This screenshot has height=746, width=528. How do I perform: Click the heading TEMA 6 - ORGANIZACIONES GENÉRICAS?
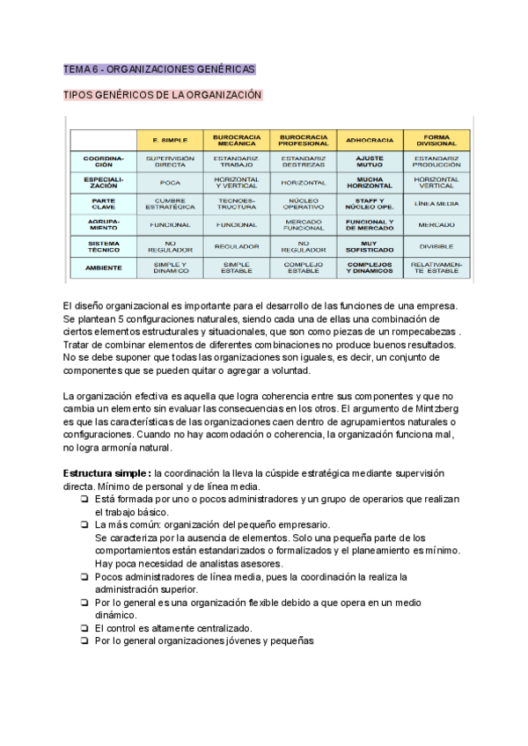159,69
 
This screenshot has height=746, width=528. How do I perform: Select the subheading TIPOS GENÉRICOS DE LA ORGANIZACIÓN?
163,94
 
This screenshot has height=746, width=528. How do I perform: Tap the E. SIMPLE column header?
170,140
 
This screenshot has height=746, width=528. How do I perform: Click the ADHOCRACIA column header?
370,140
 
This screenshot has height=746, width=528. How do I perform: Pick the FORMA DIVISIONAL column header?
437,140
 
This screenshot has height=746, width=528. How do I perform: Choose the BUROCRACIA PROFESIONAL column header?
304,140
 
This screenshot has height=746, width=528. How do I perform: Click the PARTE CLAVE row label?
104,203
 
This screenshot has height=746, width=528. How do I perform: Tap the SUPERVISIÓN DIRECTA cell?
170,161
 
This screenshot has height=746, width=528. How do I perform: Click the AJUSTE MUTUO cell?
370,161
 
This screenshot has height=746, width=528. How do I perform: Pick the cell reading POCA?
170,182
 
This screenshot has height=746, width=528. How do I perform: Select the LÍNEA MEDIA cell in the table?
437,203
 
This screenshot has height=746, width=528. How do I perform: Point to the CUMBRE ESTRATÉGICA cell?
170,203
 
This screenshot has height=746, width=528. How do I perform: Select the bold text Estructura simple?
101,473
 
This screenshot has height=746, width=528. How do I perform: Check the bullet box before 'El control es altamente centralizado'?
84,628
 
